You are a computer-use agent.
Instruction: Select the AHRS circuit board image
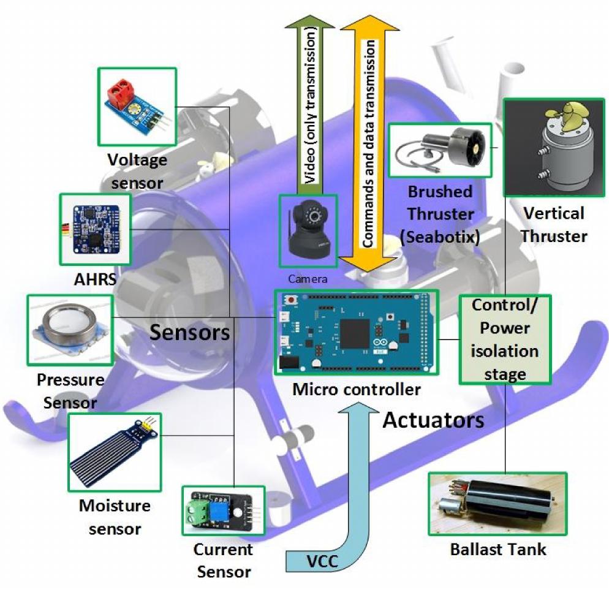click(95, 231)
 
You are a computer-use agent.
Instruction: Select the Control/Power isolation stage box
click(505, 339)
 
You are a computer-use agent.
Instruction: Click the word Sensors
click(190, 332)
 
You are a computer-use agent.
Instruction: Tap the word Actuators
click(434, 420)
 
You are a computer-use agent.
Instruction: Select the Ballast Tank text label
click(497, 548)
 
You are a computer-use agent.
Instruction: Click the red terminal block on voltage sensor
click(121, 93)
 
